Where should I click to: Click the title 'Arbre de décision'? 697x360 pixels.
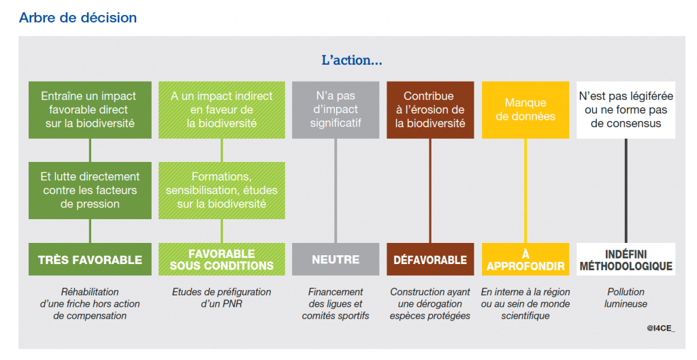click(x=78, y=18)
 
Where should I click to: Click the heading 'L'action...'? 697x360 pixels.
click(x=352, y=60)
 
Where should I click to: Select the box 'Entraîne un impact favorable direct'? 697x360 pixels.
click(x=90, y=110)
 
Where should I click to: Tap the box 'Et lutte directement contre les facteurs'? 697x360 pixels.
click(x=90, y=191)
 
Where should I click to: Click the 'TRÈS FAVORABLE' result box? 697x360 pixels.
click(x=90, y=259)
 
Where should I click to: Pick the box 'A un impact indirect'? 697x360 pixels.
click(x=222, y=110)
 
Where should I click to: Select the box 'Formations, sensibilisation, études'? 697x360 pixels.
click(x=222, y=191)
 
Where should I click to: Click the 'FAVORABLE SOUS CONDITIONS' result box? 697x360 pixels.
click(x=222, y=259)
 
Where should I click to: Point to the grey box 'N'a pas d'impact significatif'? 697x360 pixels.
click(x=336, y=110)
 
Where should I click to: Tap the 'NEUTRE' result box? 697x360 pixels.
click(x=336, y=259)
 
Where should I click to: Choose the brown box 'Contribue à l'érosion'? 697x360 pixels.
click(x=430, y=110)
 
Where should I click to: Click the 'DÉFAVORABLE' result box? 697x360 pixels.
click(x=430, y=259)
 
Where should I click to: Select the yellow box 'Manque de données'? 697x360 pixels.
click(x=525, y=110)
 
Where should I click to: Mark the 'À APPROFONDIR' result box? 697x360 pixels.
click(x=525, y=259)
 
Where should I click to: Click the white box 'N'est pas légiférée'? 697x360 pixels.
click(x=626, y=110)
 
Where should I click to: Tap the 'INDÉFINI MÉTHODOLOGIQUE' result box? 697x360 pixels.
click(x=626, y=259)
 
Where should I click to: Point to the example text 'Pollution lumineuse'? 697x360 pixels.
click(x=626, y=298)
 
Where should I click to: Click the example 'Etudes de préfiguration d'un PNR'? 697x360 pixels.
click(x=222, y=298)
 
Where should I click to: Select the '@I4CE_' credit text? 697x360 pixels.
click(x=661, y=329)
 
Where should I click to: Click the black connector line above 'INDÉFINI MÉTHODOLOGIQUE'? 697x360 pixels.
click(x=626, y=191)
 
